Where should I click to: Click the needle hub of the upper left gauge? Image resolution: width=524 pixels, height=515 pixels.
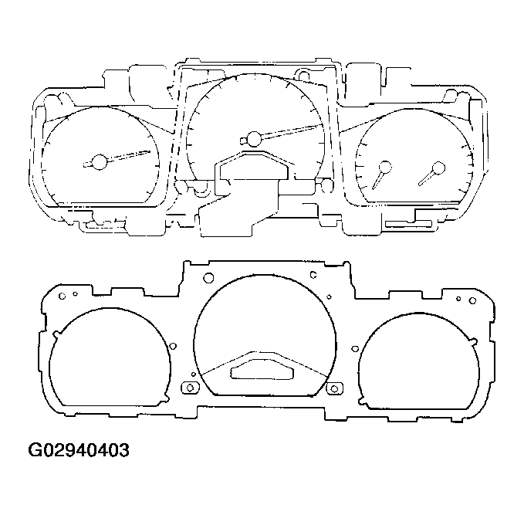[99, 162]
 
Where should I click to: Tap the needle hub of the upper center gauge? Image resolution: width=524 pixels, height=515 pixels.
[253, 139]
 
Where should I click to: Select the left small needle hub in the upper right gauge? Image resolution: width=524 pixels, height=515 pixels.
[384, 167]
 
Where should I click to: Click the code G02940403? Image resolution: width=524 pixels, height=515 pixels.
[79, 449]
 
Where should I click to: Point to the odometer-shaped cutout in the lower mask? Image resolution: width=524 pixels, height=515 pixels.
[262, 368]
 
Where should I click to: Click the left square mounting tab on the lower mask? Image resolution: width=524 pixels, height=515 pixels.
[188, 387]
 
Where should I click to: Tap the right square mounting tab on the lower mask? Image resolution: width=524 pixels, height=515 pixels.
[334, 387]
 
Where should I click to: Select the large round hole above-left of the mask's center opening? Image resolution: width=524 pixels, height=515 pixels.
[208, 277]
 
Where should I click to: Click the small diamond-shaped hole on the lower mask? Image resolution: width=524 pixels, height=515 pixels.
[328, 296]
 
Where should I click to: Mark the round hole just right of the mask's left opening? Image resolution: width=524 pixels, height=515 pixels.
[172, 347]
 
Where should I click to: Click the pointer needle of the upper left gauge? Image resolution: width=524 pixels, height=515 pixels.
[127, 156]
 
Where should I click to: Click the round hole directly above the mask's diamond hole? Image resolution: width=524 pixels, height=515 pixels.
[313, 274]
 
